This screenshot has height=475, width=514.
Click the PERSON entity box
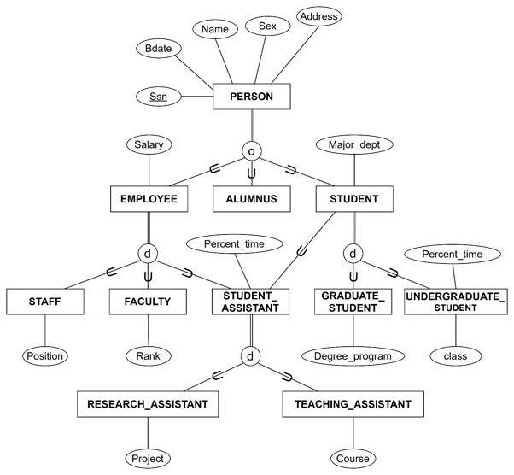[x=252, y=97]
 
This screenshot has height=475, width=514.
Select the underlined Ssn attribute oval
[x=158, y=97]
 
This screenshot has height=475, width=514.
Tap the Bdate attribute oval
[x=158, y=49]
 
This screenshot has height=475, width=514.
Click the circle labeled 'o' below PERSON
[x=251, y=150]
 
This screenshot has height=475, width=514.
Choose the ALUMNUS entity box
[x=251, y=199]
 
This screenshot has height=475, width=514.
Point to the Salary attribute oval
[x=148, y=145]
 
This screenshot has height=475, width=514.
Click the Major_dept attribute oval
[x=353, y=145]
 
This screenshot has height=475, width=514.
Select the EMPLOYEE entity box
[x=148, y=199]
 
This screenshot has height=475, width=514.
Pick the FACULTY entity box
[x=148, y=302]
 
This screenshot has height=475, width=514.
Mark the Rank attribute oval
[x=148, y=355]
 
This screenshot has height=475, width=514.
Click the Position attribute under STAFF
[x=44, y=355]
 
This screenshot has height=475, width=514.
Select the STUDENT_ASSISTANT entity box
[x=251, y=302]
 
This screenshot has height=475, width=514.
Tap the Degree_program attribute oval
[x=353, y=355]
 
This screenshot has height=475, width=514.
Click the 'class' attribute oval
[x=456, y=355]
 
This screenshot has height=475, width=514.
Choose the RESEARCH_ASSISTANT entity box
[x=148, y=404]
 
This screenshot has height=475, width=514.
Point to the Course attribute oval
[x=353, y=458]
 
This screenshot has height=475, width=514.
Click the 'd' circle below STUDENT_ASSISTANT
[x=250, y=355]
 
